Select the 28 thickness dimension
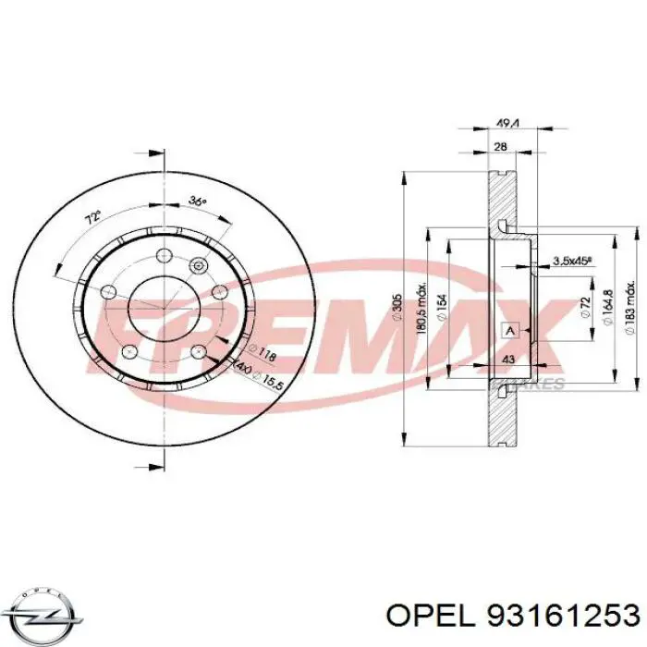(500, 147)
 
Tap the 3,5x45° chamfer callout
(571, 261)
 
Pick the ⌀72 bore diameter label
(584, 308)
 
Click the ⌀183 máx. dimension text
(629, 305)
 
